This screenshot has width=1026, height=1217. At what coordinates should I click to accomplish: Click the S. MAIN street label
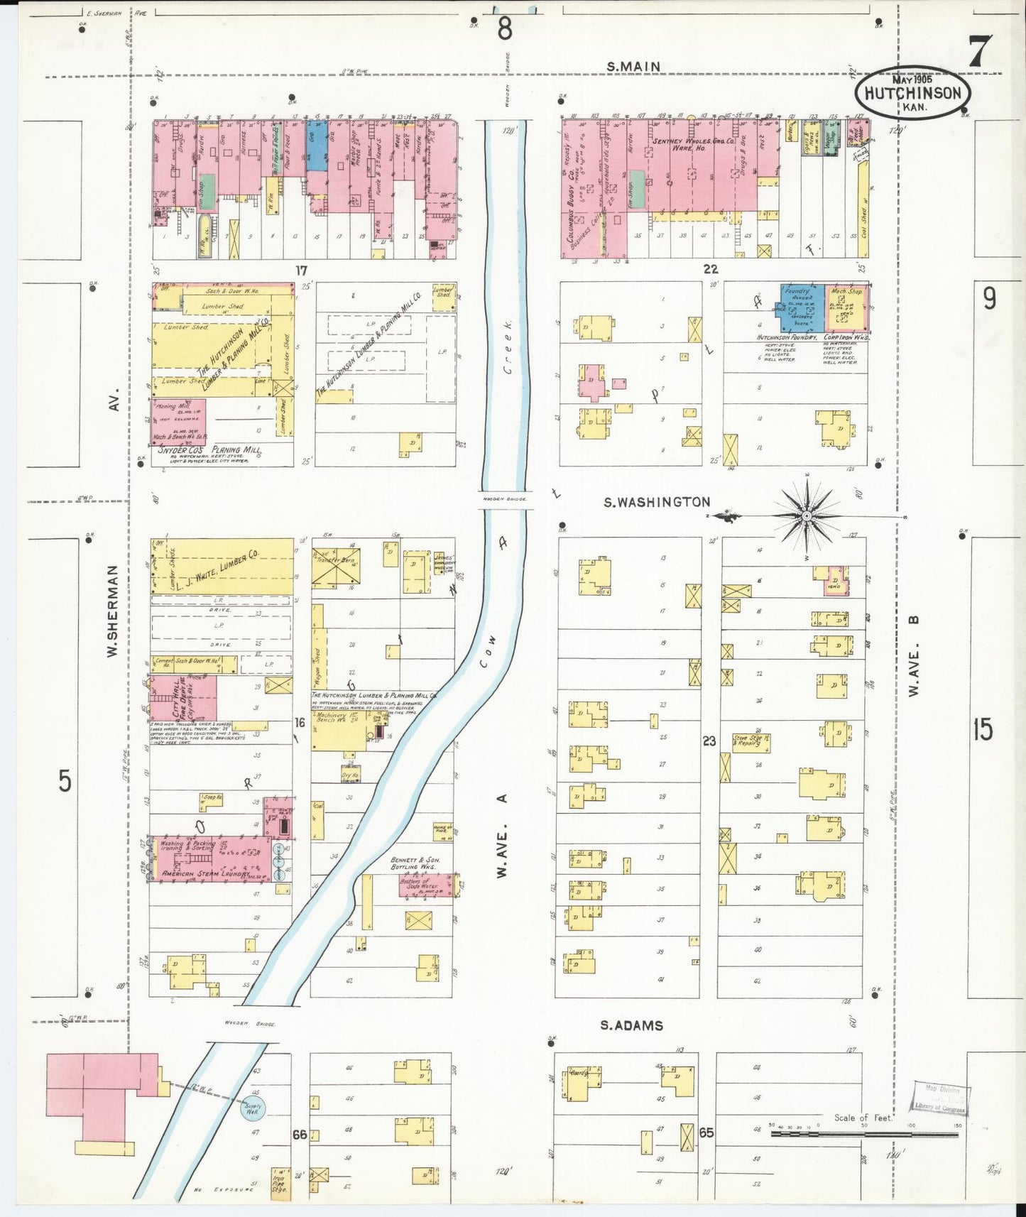coord(633,67)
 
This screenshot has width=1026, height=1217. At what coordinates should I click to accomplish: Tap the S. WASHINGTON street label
coord(656,502)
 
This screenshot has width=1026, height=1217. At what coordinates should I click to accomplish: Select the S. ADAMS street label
coord(631,1025)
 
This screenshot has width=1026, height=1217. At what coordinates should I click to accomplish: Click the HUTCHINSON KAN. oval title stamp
coord(912,93)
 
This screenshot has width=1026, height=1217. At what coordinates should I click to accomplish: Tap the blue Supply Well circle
coord(253,1109)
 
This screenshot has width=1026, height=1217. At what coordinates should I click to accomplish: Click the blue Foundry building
coord(802,308)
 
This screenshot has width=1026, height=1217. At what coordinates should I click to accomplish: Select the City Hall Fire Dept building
coord(183,698)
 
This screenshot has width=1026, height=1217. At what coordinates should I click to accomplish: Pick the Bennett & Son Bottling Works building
coord(426,885)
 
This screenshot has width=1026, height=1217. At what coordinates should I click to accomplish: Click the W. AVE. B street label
coord(914,655)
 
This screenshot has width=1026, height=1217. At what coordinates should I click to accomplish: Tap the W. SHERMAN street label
coord(112,611)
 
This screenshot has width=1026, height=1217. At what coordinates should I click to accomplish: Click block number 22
coord(710,269)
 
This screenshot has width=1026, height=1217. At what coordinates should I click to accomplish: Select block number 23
coord(709,741)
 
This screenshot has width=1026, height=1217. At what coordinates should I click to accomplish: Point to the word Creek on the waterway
coord(508,346)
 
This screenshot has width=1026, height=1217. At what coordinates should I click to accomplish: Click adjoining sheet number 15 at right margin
coord(983,729)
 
